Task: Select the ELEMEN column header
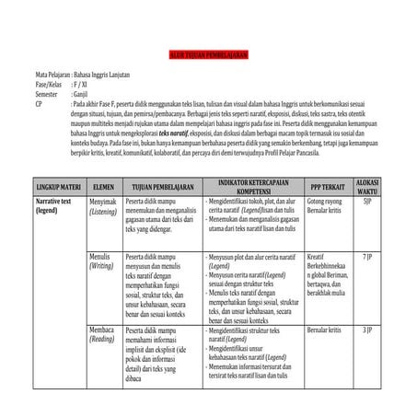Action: (x=103, y=186)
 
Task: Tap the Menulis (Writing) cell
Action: (x=101, y=261)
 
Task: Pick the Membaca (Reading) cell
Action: (x=102, y=334)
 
